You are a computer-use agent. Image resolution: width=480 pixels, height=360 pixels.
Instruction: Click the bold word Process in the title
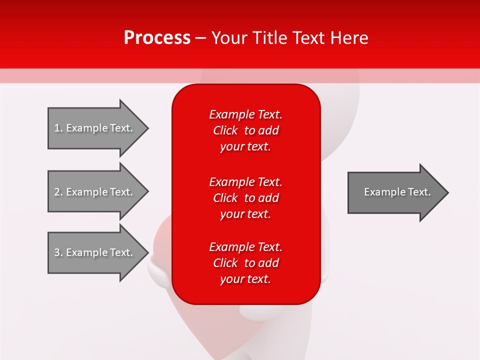[x=157, y=38]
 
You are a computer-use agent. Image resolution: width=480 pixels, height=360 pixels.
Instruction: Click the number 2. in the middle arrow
[x=58, y=192]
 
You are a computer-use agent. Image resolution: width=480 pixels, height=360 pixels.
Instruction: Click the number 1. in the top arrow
[x=58, y=128]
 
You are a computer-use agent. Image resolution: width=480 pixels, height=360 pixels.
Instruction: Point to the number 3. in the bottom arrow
[x=58, y=252]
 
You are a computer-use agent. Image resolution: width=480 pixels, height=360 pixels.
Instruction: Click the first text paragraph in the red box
[x=245, y=130]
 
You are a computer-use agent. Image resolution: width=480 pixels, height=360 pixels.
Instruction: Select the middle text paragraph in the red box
[x=245, y=198]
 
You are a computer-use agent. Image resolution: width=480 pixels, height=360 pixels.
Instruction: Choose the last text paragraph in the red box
[x=245, y=263]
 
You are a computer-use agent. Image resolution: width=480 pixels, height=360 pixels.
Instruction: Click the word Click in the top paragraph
[x=225, y=130]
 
